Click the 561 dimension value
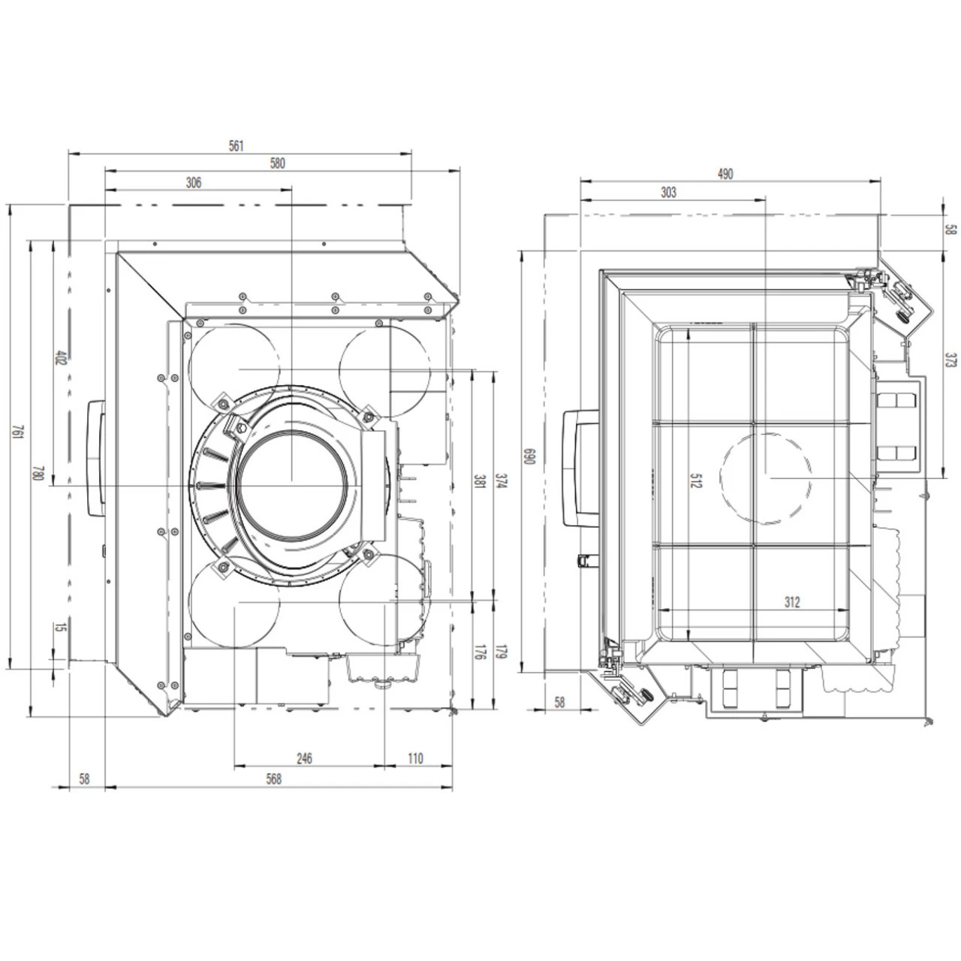tap(236, 146)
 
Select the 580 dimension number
tap(277, 163)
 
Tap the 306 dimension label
tap(194, 182)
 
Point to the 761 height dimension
tap(18, 432)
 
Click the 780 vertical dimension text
tap(38, 474)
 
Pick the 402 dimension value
tap(60, 357)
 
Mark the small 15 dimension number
tap(60, 628)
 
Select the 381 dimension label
tap(479, 481)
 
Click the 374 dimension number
tap(502, 481)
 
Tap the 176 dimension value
tap(479, 652)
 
